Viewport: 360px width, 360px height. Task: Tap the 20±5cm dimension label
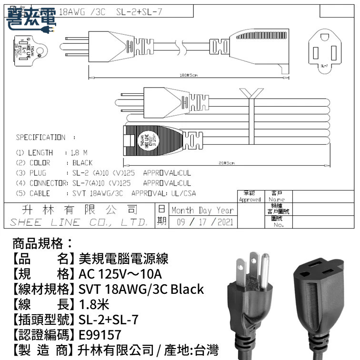pos(226,163)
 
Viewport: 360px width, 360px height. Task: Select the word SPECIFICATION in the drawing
pos(41,138)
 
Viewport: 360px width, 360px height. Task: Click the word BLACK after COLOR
pos(83,163)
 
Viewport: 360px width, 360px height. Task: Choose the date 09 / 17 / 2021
pos(202,222)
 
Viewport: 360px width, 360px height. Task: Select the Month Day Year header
pos(202,210)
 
